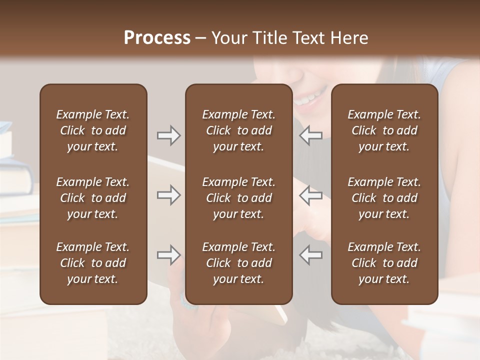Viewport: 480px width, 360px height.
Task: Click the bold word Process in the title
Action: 157,38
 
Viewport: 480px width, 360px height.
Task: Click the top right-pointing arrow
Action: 168,135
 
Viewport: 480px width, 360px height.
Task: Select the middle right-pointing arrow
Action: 168,195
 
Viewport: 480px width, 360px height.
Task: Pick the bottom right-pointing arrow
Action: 168,255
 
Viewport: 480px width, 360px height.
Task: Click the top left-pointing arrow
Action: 310,135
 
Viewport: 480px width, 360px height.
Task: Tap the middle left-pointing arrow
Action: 310,195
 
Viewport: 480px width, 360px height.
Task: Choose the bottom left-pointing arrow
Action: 310,255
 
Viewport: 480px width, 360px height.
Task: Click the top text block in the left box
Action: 93,130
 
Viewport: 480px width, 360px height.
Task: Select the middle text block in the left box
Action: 93,198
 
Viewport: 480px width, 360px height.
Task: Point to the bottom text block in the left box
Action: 93,263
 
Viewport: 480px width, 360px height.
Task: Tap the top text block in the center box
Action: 238,130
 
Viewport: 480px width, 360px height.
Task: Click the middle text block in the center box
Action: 238,198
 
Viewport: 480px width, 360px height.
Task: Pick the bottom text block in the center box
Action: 238,263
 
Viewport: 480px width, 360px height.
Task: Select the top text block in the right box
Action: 384,130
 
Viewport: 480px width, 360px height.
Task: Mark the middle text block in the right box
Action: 384,198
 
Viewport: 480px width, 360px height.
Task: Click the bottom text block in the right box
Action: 384,263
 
